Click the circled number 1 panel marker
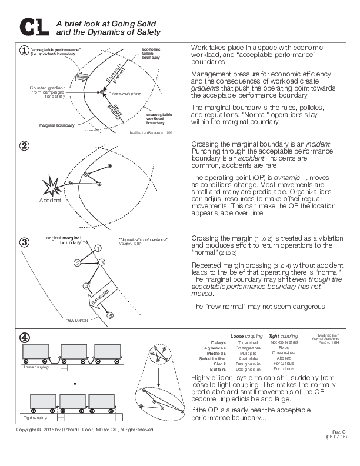[24, 50]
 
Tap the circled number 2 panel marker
[24, 147]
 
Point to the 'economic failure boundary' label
[151, 53]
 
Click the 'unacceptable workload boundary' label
[159, 118]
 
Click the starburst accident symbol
[51, 187]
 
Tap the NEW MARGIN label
[76, 320]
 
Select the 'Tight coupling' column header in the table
[283, 336]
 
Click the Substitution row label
[212, 358]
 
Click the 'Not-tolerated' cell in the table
[284, 342]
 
